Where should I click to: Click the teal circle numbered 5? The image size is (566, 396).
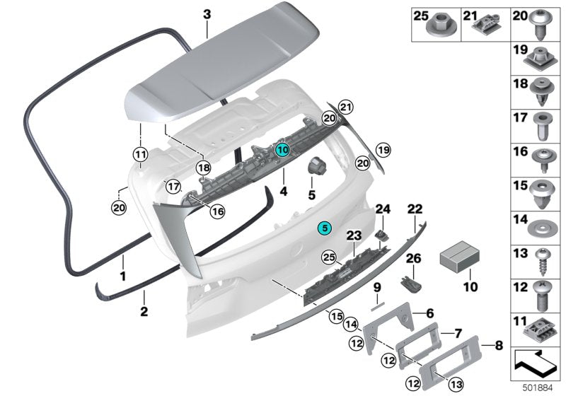[x=323, y=228]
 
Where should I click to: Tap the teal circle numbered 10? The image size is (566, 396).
[x=282, y=149]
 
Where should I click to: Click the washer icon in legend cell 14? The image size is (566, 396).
[x=540, y=227]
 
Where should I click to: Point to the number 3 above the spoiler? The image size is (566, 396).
[x=207, y=13]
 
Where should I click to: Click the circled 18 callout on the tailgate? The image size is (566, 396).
[x=204, y=168]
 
